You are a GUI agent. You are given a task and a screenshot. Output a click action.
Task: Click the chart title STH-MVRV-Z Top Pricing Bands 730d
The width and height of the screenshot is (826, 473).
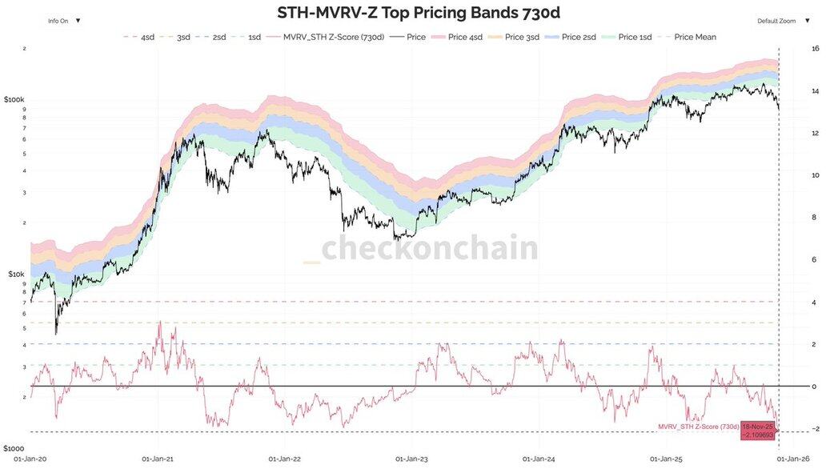[413, 13]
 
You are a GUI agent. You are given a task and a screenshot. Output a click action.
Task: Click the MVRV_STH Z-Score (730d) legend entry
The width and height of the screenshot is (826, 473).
[328, 37]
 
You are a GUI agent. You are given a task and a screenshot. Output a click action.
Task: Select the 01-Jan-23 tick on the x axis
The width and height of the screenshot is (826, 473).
[409, 459]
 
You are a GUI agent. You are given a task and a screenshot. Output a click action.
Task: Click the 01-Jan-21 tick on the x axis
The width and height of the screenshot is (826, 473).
[158, 459]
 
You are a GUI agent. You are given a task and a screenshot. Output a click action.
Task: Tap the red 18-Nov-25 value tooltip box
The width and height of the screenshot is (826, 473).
[758, 430]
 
